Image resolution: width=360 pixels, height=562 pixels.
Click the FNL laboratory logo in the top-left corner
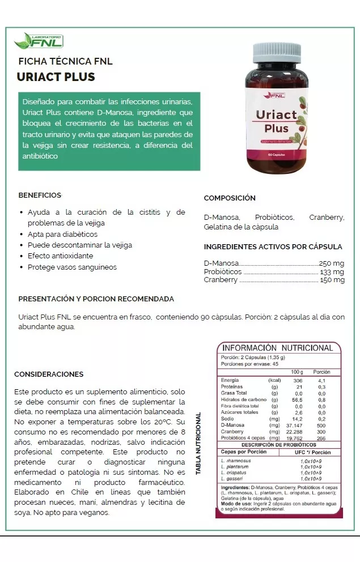(39, 40)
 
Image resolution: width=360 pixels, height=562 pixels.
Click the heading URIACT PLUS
(56, 77)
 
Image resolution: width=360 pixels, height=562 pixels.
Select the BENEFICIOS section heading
(40, 195)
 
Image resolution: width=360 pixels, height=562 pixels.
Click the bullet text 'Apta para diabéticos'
(62, 234)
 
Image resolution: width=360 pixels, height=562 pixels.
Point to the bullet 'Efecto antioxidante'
(60, 256)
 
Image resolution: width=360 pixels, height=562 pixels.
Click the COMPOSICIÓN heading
(230, 198)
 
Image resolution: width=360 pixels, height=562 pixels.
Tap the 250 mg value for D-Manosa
(332, 263)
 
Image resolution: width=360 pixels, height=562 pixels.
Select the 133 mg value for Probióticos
(332, 272)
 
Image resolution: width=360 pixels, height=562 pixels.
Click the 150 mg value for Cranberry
(332, 280)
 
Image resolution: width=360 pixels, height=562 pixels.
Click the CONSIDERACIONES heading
(49, 374)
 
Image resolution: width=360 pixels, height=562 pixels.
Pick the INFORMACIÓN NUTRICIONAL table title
(277, 348)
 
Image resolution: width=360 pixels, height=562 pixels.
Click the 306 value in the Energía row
(298, 381)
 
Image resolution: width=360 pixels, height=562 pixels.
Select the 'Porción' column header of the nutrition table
(321, 372)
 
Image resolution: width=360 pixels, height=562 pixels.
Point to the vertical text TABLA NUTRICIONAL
(199, 444)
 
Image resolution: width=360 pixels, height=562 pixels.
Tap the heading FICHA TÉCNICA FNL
(66, 61)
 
